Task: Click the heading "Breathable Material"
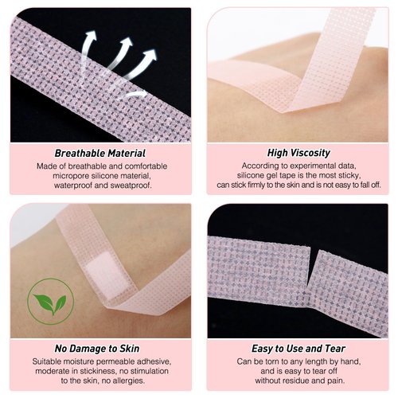pos(100,153)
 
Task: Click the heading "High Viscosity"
pos(298,153)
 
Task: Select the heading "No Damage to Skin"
pos(99,348)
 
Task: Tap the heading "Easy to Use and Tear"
pos(298,348)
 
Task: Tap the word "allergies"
pos(139,381)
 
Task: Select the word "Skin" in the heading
pos(132,348)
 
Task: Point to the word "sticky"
pos(349,175)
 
